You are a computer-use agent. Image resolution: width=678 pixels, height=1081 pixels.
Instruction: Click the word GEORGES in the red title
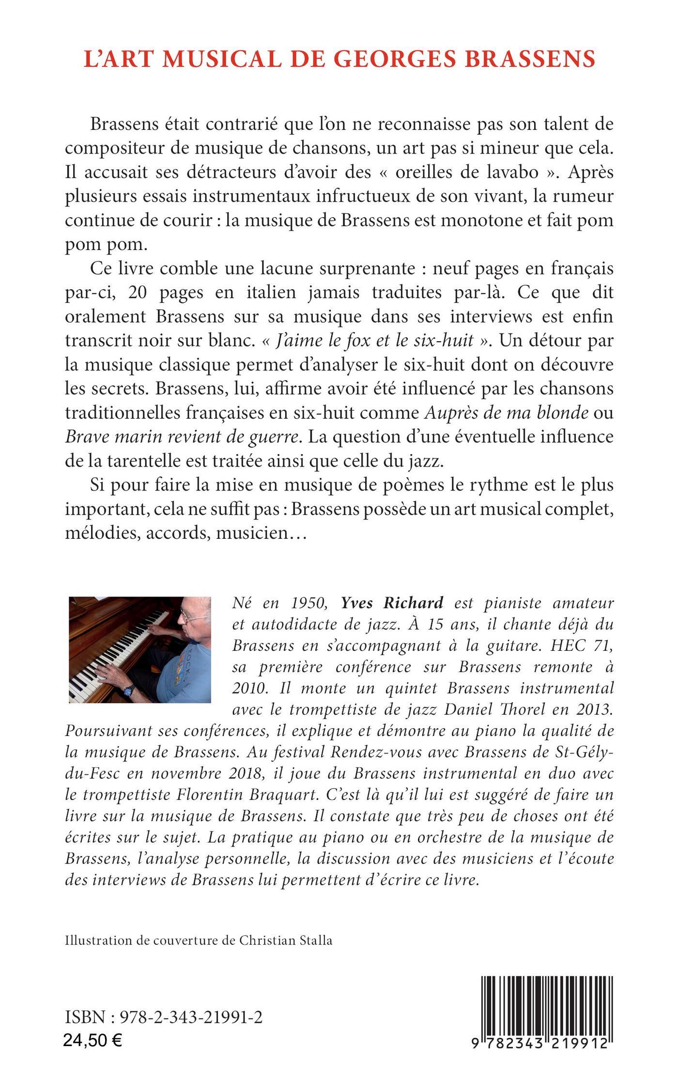point(385,59)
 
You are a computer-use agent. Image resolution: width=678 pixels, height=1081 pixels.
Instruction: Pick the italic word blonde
point(564,413)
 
